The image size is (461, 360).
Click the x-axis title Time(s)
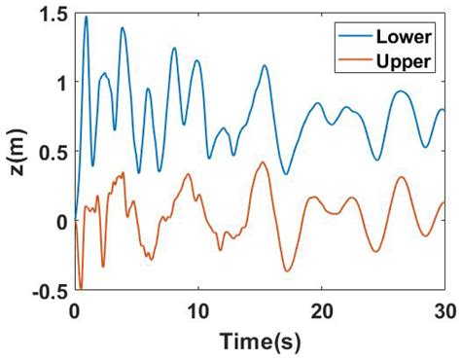pyautogui.click(x=258, y=341)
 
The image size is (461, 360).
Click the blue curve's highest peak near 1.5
pyautogui.click(x=86, y=17)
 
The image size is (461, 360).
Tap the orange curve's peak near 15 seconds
pyautogui.click(x=262, y=162)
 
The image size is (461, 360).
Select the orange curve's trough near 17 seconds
pyautogui.click(x=286, y=270)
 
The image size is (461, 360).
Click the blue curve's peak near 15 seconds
pyautogui.click(x=264, y=66)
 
